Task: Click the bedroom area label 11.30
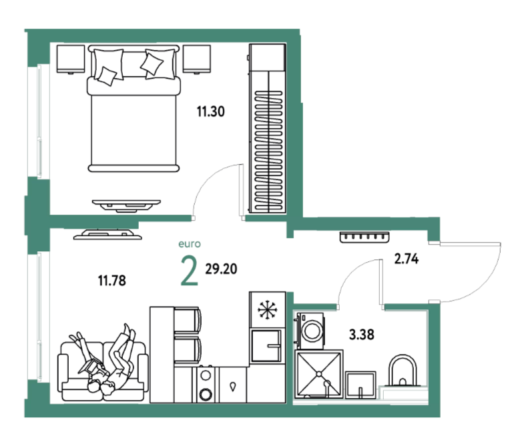pyautogui.click(x=211, y=111)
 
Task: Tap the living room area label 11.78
pyautogui.click(x=112, y=281)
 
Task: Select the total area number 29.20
pyautogui.click(x=221, y=269)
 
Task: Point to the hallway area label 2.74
pyautogui.click(x=407, y=259)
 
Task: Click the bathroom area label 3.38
pyautogui.click(x=362, y=334)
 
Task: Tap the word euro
pyautogui.click(x=190, y=244)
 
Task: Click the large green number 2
pyautogui.click(x=190, y=271)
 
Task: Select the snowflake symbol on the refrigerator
pyautogui.click(x=267, y=310)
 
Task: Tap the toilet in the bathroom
pyautogui.click(x=403, y=370)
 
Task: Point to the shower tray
pyautogui.click(x=319, y=373)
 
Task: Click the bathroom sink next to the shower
pyautogui.click(x=360, y=385)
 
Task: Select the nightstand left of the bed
pyautogui.click(x=71, y=59)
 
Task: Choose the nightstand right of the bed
pyautogui.click(x=196, y=59)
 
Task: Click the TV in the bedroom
pyautogui.click(x=126, y=205)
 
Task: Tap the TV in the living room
pyautogui.click(x=107, y=235)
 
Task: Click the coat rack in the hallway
pyautogui.click(x=364, y=237)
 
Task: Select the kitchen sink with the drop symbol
pyautogui.click(x=232, y=385)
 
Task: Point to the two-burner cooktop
pyautogui.click(x=206, y=385)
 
